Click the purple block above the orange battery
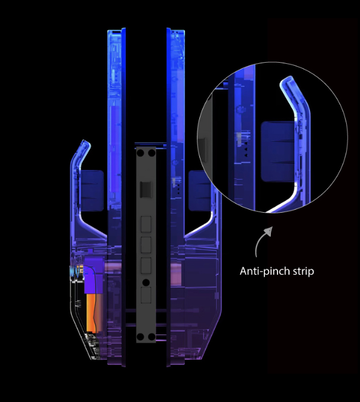point(94,275)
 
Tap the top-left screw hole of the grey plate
point(140,153)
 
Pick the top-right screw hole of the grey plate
point(152,153)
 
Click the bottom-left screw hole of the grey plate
point(140,337)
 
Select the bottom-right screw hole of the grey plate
point(152,337)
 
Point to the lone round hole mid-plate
point(146,283)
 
